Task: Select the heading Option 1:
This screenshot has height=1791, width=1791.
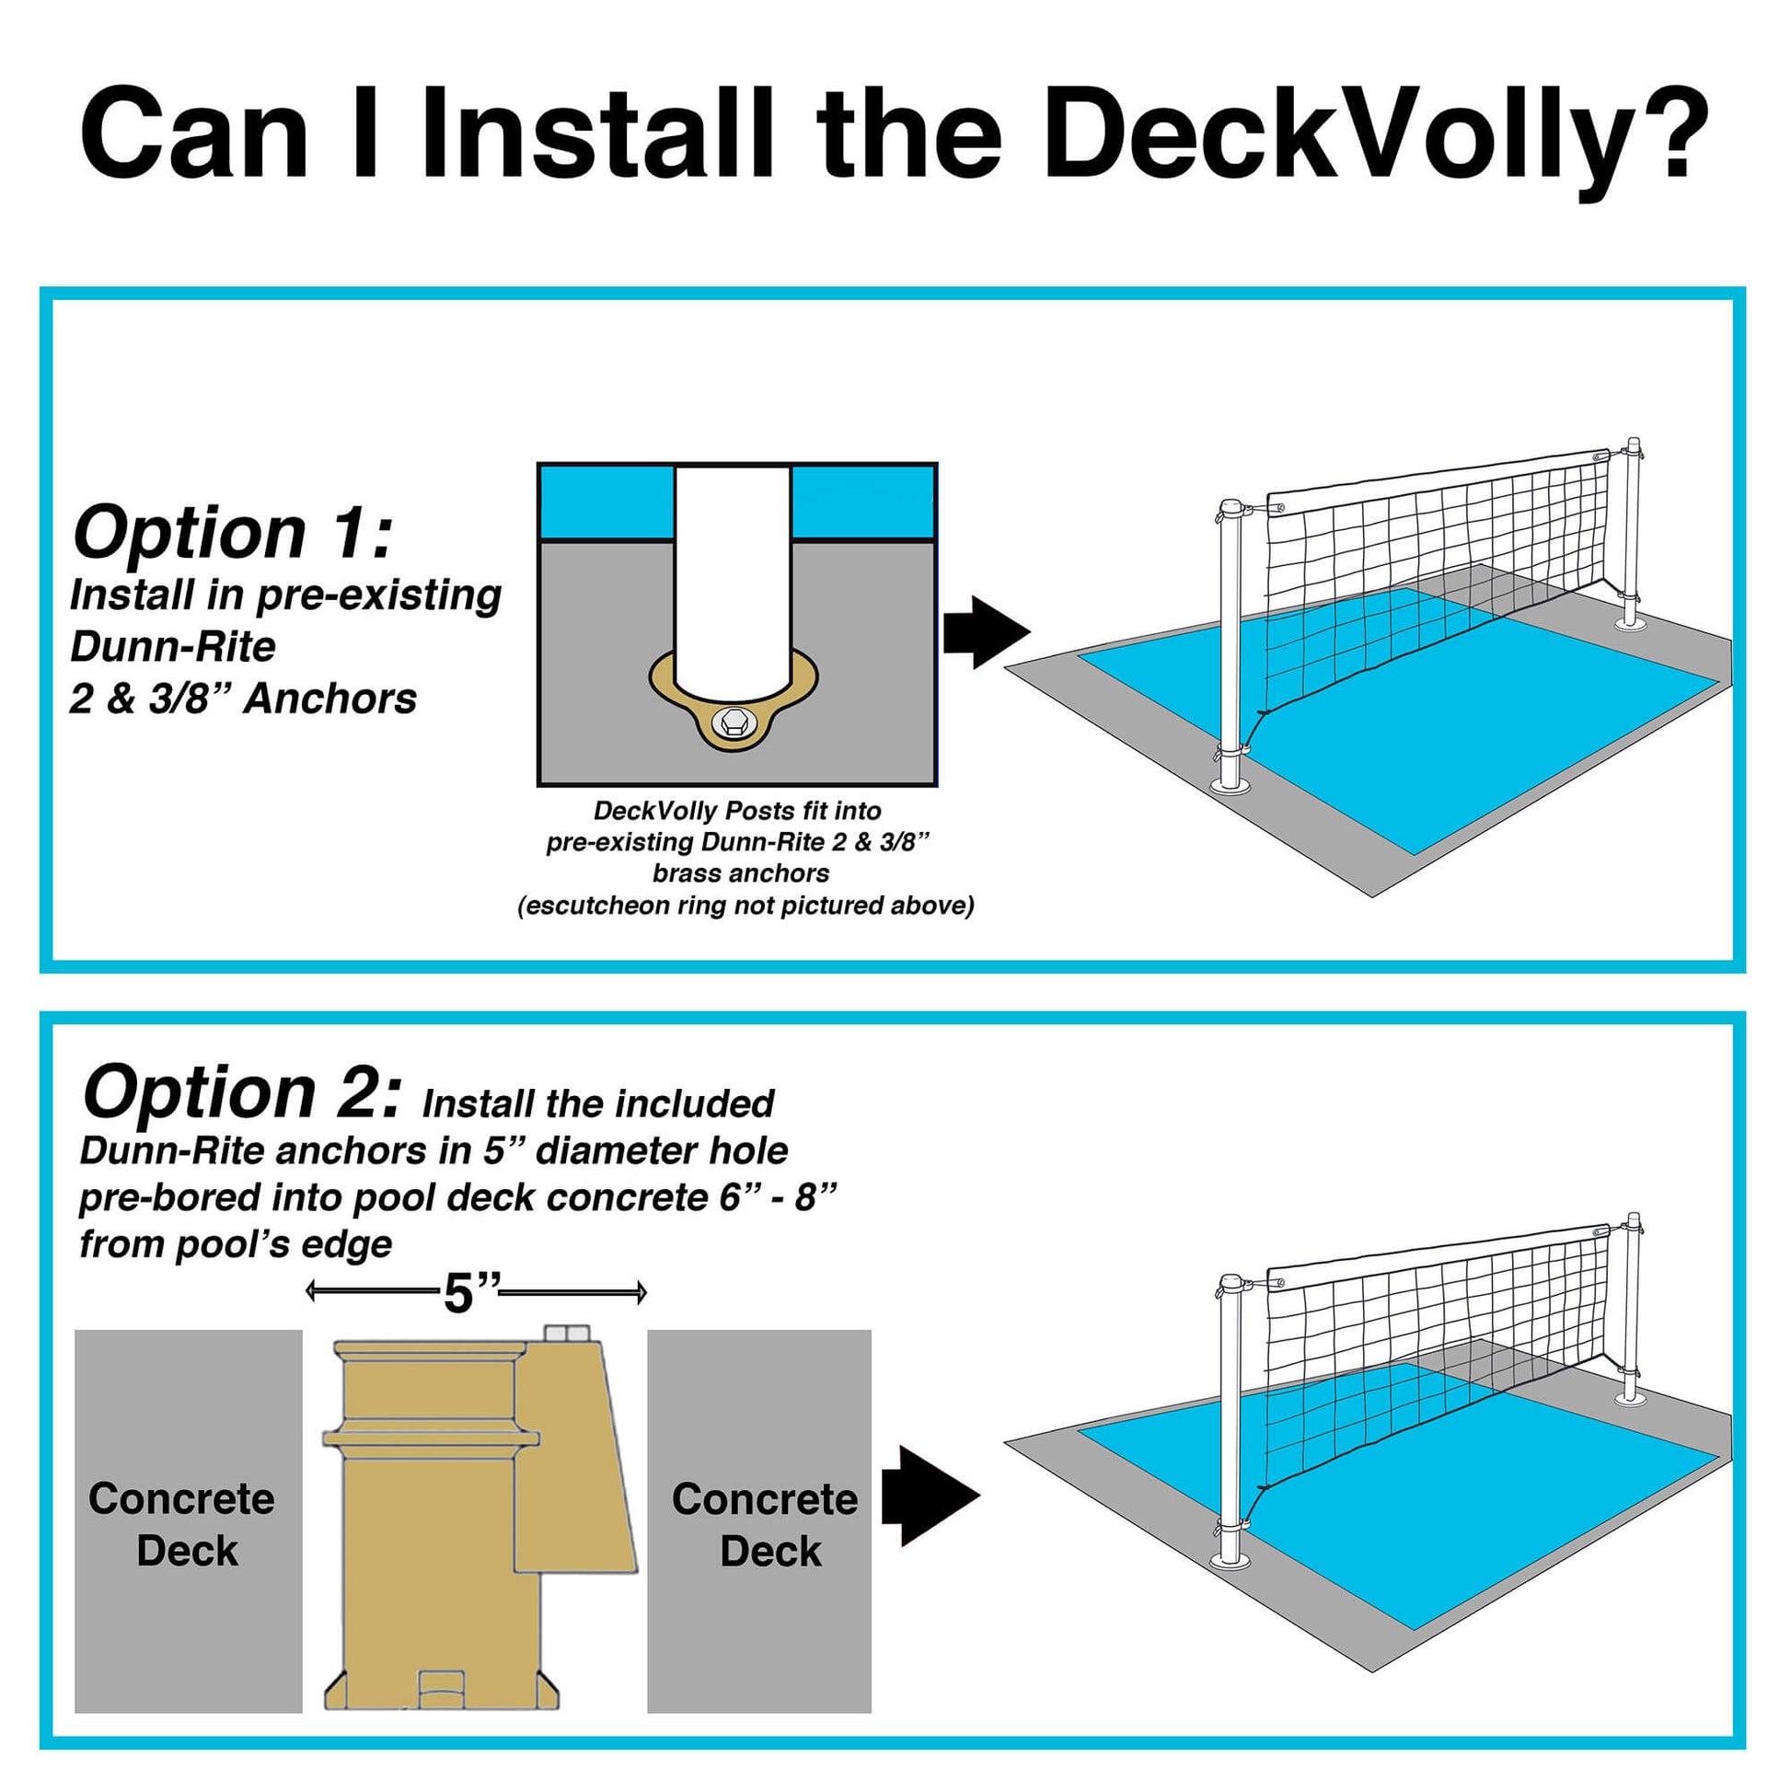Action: click(232, 533)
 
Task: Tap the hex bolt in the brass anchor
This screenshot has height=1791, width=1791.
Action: click(732, 722)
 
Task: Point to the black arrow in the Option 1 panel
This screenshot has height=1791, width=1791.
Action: click(986, 632)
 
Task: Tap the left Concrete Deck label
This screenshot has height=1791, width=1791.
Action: click(182, 1524)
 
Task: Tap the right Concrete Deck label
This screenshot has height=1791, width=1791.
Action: click(766, 1524)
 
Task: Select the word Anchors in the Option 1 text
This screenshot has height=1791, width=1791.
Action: click(330, 699)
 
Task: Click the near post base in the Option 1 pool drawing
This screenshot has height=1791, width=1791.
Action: click(1231, 785)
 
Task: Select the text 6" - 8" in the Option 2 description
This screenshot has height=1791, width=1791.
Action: click(778, 1197)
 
